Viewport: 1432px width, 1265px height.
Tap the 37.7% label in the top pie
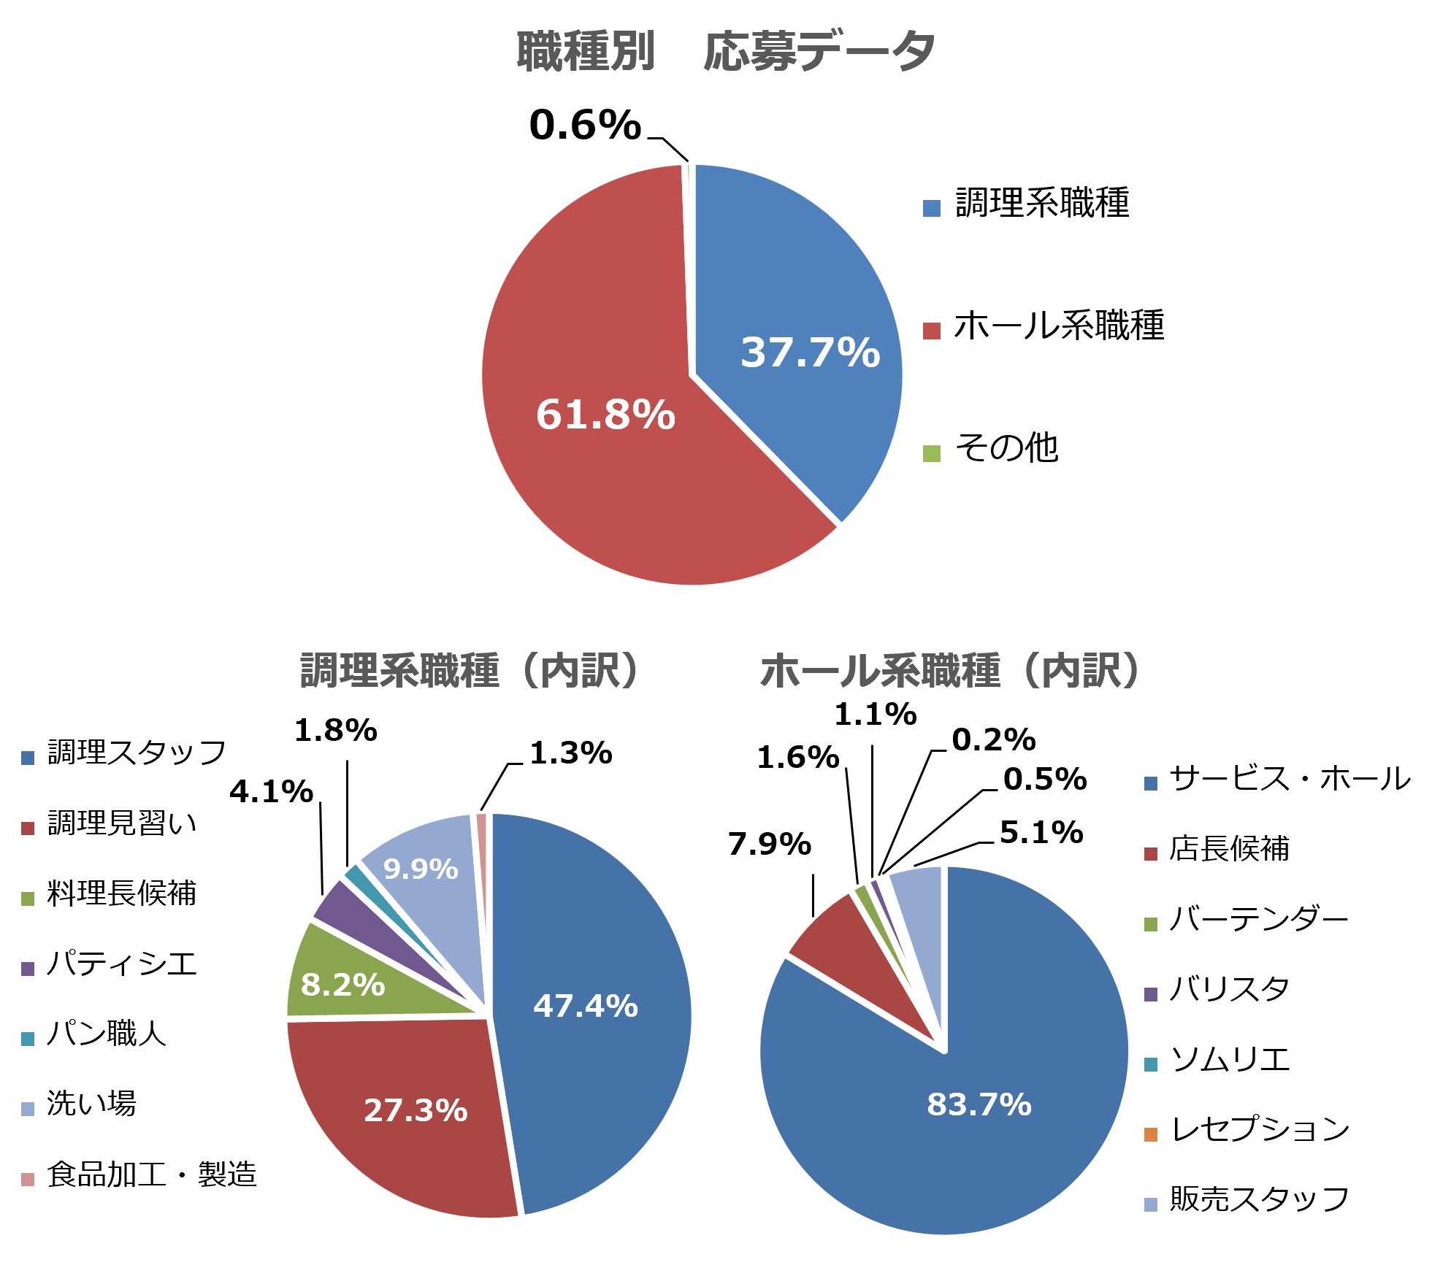(810, 353)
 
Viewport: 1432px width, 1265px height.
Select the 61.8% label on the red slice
(605, 415)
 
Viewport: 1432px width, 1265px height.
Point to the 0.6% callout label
(585, 125)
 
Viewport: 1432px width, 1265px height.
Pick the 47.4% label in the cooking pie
(585, 1006)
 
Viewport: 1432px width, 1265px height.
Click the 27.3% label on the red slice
(416, 1110)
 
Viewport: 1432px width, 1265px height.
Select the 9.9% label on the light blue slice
(421, 869)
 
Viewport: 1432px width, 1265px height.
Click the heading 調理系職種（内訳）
(471, 671)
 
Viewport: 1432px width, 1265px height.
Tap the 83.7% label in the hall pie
(979, 1104)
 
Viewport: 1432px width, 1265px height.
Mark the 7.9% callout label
(769, 845)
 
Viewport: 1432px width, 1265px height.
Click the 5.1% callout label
(1041, 832)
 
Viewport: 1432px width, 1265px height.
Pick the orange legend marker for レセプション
(1151, 1135)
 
